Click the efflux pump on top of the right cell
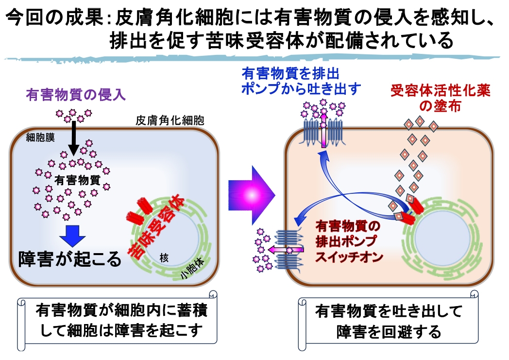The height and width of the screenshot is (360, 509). pos(323,131)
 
